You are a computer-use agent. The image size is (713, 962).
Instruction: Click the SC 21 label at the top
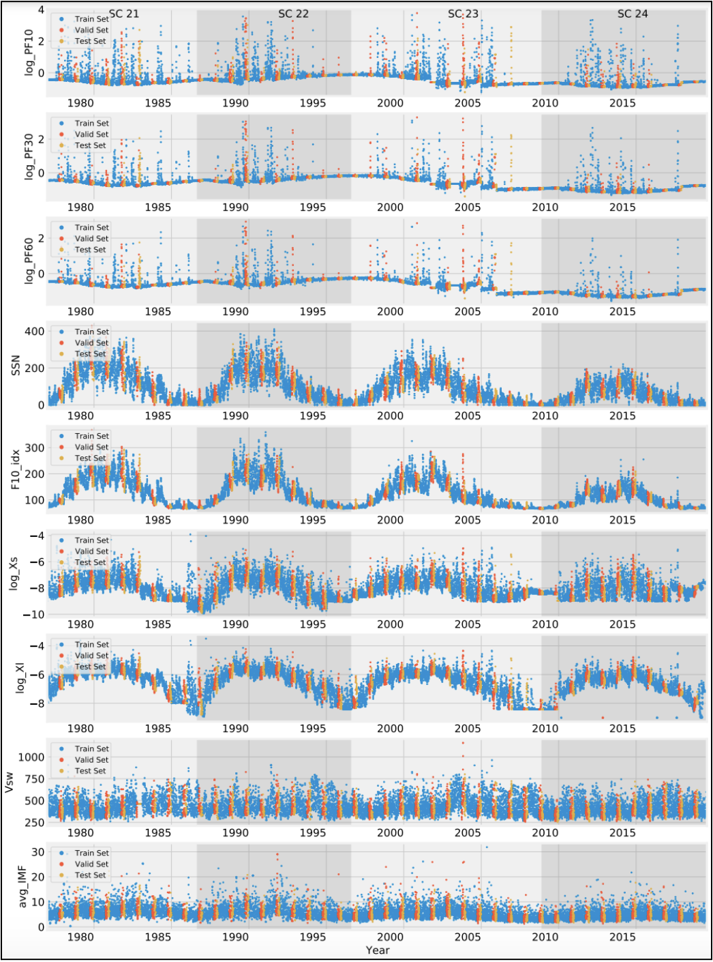pos(123,14)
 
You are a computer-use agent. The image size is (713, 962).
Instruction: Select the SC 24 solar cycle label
pos(632,14)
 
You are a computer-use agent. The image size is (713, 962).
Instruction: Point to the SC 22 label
pos(293,14)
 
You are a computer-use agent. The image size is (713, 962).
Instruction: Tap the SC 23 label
pos(463,14)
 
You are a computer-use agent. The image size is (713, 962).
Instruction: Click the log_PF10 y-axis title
pos(29,52)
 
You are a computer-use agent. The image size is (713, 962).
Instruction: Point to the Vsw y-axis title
pos(10,782)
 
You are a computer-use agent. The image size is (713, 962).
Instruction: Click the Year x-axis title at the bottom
pos(377,950)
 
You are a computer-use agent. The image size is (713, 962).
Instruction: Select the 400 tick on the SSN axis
pos(35,332)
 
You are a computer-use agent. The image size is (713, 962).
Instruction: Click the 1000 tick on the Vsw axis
pos(31,757)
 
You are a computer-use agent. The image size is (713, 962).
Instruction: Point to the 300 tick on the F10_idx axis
pos(35,448)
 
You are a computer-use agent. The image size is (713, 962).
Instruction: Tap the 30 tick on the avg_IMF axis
pos(38,852)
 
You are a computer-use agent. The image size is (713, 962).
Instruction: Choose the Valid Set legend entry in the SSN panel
pos(91,342)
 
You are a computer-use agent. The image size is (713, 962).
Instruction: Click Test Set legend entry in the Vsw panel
pos(90,771)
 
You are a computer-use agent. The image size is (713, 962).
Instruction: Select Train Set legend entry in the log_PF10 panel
pos(91,19)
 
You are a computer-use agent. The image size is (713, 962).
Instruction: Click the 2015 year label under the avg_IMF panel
pos(622,937)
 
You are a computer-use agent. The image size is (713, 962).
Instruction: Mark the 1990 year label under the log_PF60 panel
pos(235,312)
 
